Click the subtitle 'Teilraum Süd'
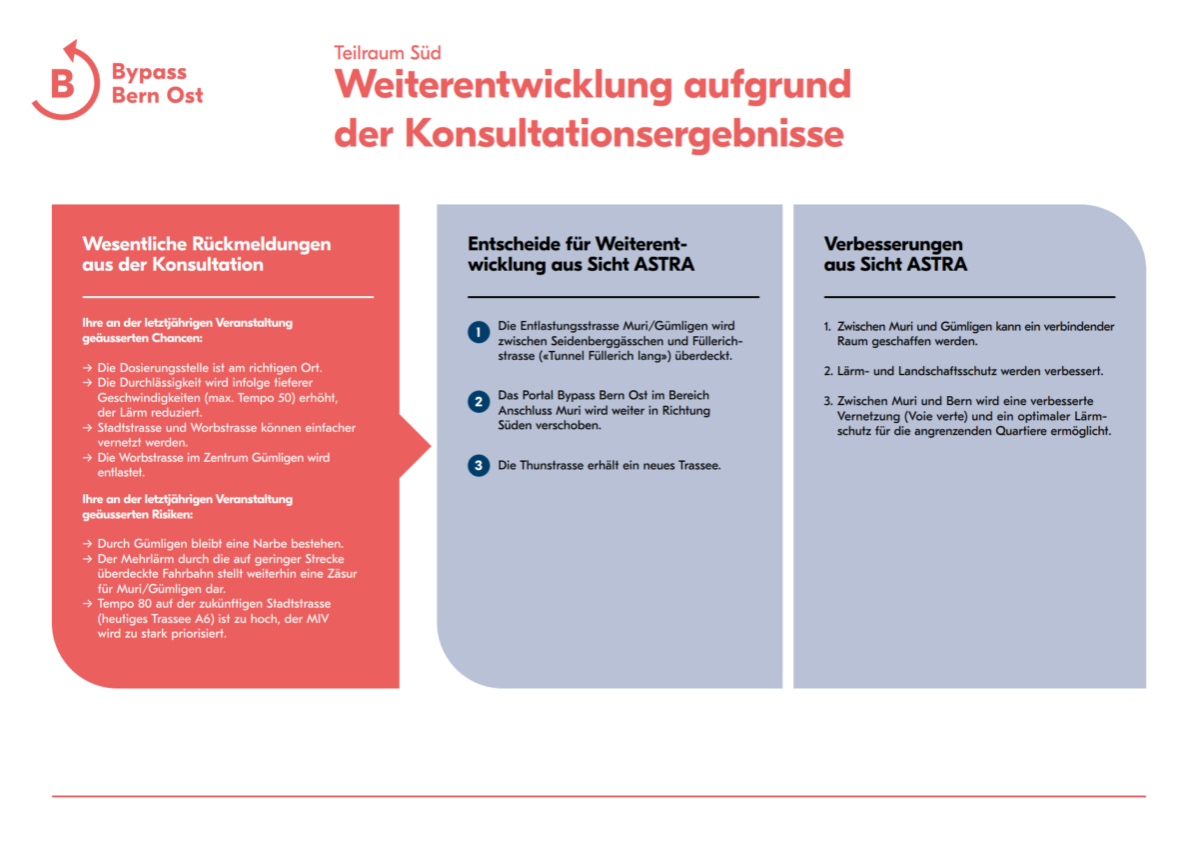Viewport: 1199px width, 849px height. click(x=387, y=53)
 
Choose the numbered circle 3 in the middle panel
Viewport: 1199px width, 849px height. click(x=479, y=465)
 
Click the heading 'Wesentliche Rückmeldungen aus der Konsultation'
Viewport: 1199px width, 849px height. click(x=207, y=254)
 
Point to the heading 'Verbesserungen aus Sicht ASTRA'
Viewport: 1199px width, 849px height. click(x=895, y=254)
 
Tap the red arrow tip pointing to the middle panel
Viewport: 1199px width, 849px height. click(x=424, y=446)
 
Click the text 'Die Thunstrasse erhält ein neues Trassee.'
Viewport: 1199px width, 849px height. click(x=609, y=465)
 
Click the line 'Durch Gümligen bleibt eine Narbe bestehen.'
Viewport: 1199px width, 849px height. click(x=220, y=543)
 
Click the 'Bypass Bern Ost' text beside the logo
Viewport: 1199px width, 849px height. click(x=157, y=84)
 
